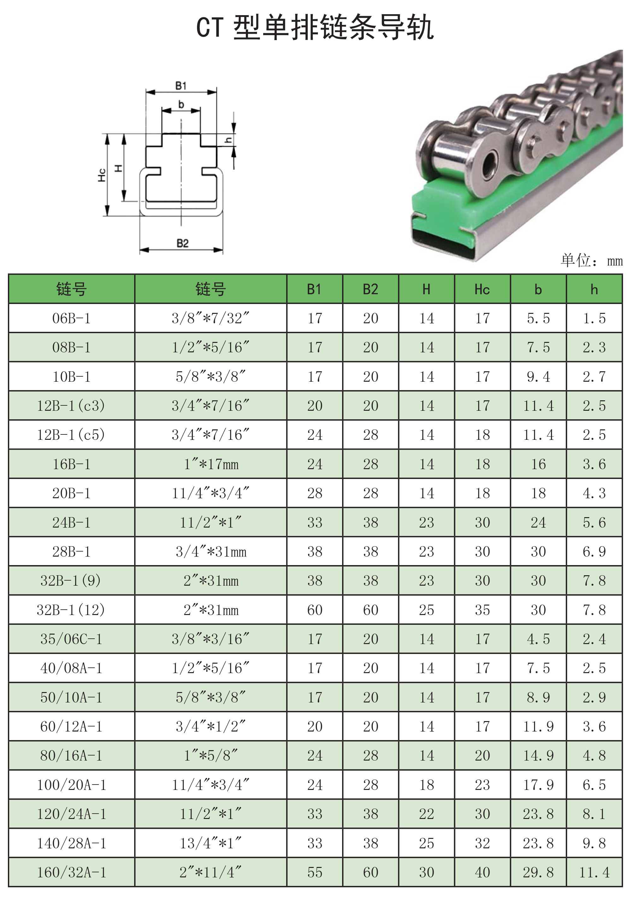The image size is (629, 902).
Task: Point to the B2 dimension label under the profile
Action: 182,243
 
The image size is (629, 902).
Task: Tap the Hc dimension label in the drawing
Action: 102,175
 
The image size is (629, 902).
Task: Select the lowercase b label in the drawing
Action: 181,104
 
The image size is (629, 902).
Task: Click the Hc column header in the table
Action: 482,290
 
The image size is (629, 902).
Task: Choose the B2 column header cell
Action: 370,290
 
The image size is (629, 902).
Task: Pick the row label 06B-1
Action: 71,318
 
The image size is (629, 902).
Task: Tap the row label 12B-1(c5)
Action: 71,435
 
